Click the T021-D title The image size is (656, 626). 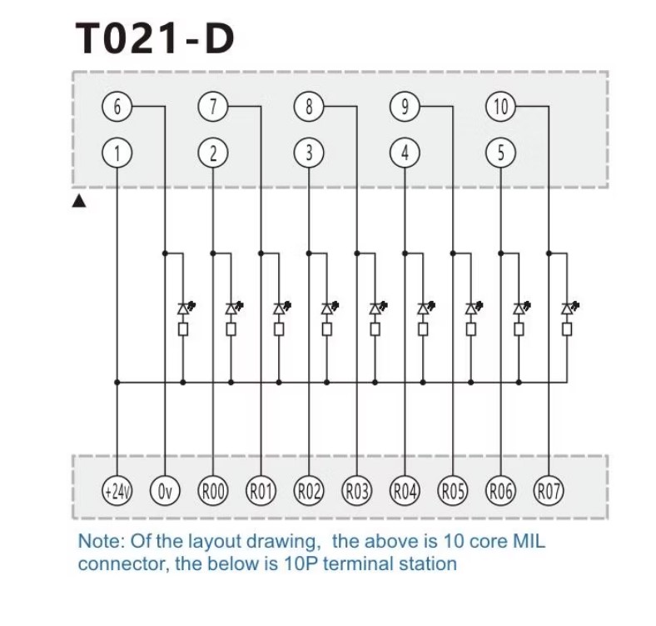point(155,39)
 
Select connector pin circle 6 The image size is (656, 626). point(117,107)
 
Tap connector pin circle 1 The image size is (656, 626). point(117,153)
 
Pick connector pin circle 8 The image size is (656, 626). point(309,107)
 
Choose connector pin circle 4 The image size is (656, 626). point(405,153)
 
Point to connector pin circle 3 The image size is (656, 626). point(309,153)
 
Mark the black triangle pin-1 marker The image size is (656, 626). point(80,201)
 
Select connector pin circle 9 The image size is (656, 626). point(405,107)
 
